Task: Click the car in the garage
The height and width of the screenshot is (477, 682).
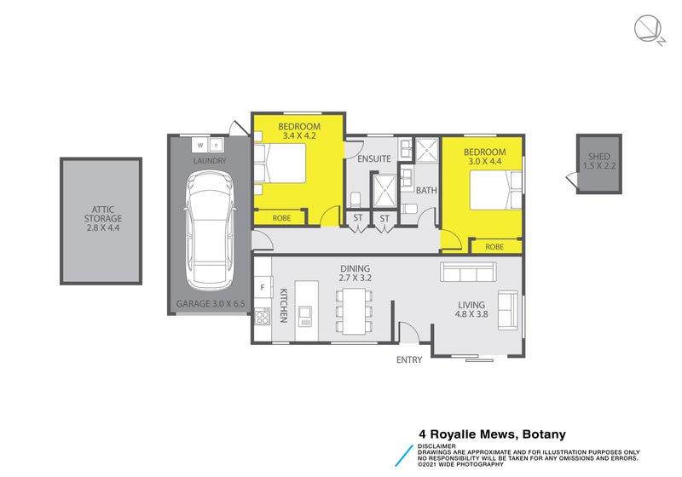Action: click(x=208, y=229)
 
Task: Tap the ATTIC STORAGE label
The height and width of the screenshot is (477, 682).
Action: click(x=101, y=219)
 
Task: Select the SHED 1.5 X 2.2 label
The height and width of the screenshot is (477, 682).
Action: click(x=600, y=161)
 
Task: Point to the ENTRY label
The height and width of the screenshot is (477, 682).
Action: click(x=409, y=360)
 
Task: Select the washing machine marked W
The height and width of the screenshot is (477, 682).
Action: click(x=199, y=144)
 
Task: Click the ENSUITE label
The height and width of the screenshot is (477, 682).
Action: click(x=373, y=159)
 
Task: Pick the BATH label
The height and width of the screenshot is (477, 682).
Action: click(x=426, y=191)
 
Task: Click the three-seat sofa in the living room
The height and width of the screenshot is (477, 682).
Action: click(x=467, y=273)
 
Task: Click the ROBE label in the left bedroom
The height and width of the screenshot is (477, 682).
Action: click(x=281, y=219)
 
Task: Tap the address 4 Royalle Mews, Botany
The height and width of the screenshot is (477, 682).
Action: click(x=492, y=434)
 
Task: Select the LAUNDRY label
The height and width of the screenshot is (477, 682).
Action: click(x=209, y=161)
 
